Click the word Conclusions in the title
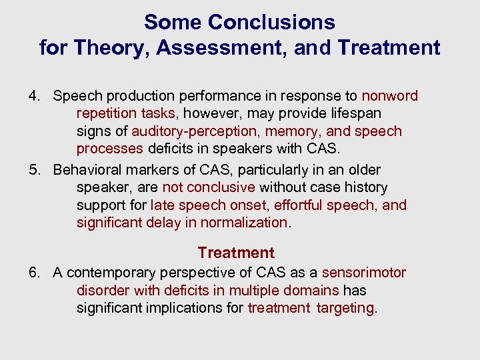(x=271, y=23)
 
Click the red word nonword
(x=389, y=96)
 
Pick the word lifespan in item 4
(x=353, y=114)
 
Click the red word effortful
(x=298, y=205)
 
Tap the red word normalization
(x=246, y=223)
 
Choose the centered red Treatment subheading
(x=236, y=253)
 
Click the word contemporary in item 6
(x=115, y=273)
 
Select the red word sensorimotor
(x=363, y=273)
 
